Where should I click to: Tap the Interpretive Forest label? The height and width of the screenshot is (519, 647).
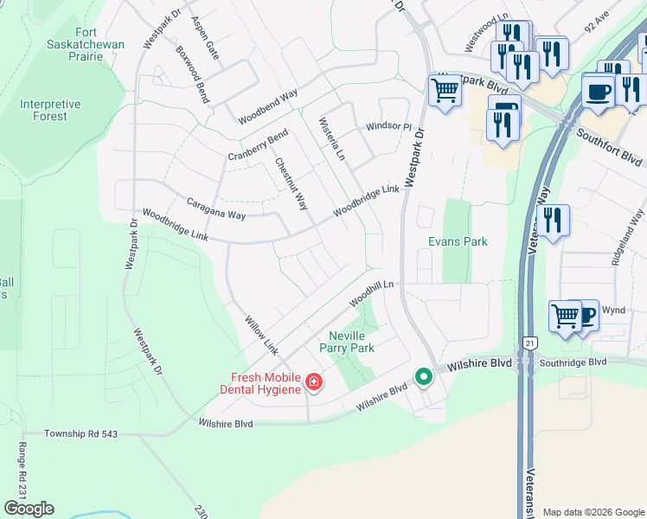pos(50,110)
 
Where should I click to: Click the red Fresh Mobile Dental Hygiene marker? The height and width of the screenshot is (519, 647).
pos(312,381)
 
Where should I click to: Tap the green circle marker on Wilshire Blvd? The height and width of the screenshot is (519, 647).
pos(423,376)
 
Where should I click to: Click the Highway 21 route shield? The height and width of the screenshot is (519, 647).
pos(529,343)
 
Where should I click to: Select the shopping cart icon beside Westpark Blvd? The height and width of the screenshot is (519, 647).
pos(445,90)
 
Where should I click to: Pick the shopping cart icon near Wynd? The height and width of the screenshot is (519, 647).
pos(565,315)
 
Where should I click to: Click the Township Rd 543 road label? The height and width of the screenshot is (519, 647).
pos(82,432)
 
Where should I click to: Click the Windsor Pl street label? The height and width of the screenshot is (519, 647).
pos(388,126)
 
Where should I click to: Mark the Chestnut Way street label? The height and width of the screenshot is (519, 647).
pos(291,183)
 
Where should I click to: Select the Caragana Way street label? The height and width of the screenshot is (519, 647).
pos(216,208)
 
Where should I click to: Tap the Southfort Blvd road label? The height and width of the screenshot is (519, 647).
pos(609,148)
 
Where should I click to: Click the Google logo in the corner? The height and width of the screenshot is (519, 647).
pos(29,509)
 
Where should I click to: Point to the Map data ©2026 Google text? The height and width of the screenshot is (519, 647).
pos(593,512)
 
